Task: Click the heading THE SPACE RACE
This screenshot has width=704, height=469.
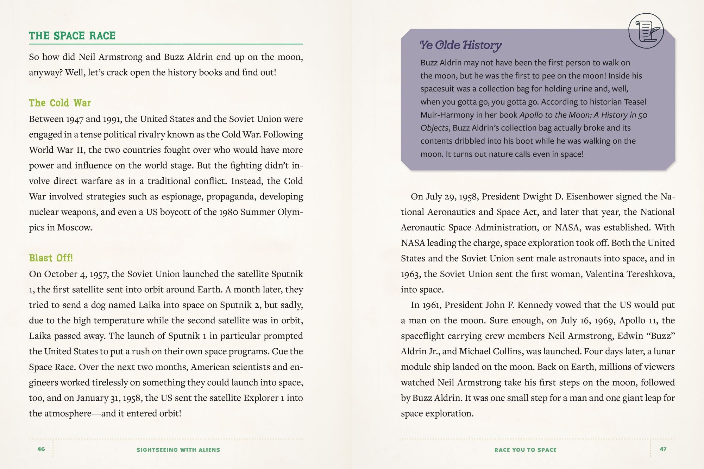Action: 72,36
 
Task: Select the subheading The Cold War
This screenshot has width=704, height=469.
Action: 60,103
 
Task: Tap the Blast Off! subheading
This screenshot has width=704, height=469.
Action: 51,258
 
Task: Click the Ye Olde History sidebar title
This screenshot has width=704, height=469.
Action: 461,45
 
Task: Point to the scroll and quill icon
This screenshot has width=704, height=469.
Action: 646,31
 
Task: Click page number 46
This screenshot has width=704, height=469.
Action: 41,449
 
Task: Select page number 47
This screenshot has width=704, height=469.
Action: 663,449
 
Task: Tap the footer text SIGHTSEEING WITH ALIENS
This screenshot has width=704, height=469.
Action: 178,450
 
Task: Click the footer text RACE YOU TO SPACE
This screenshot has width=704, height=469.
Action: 525,450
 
